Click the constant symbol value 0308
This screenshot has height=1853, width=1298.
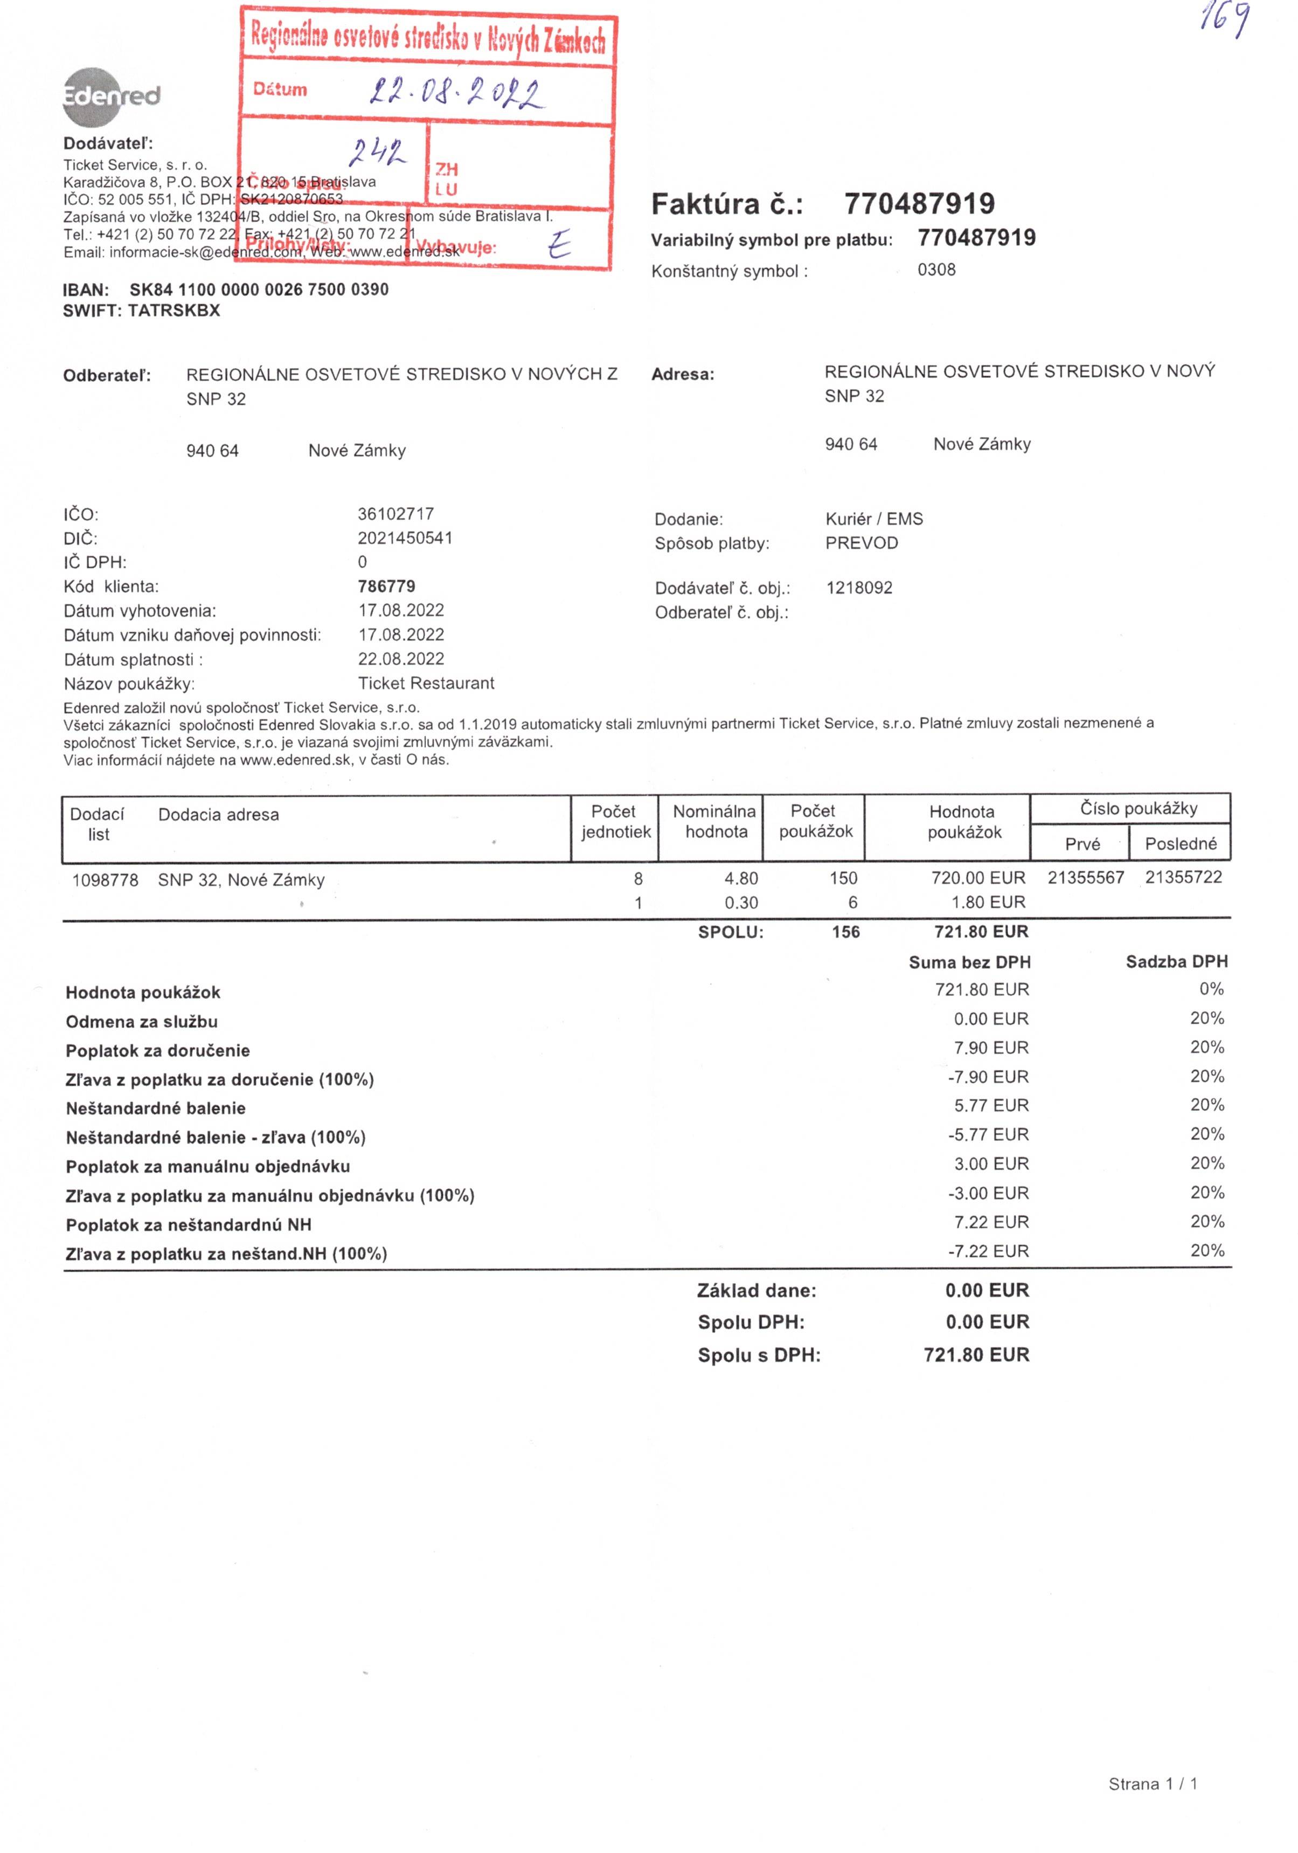point(936,270)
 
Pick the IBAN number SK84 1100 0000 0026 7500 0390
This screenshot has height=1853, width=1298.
point(259,290)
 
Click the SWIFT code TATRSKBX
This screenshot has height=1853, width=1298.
point(173,311)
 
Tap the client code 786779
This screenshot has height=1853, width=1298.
point(386,587)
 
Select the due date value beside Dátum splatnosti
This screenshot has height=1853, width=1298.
point(401,659)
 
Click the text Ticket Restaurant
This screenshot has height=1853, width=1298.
point(426,684)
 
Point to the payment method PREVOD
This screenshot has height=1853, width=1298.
point(861,543)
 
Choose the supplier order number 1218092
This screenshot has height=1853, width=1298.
point(859,588)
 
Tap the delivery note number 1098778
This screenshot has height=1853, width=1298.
point(105,880)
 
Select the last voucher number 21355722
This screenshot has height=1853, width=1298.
point(1183,877)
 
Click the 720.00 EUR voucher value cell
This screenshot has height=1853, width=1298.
point(978,878)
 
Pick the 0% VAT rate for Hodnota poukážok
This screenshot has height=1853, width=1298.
point(1211,989)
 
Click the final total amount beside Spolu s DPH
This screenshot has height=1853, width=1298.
point(976,1355)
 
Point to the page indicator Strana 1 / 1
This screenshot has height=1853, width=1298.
point(1152,1785)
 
